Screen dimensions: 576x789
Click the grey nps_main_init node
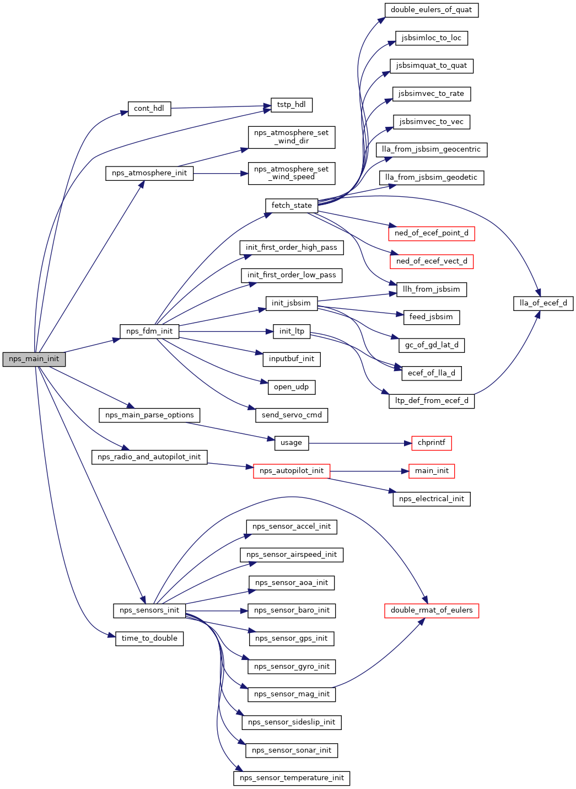tap(34, 359)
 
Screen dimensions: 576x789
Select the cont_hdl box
tap(149, 109)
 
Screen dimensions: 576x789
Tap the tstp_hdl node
tap(292, 105)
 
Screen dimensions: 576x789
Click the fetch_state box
tap(292, 206)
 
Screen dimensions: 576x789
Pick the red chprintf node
tap(432, 443)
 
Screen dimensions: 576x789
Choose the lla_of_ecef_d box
tap(543, 303)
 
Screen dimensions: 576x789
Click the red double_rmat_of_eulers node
tap(432, 610)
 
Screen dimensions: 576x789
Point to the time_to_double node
tap(149, 638)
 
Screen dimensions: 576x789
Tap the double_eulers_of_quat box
tap(432, 10)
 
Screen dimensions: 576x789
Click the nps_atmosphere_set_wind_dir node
tap(292, 137)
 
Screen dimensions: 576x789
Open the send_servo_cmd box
tap(292, 415)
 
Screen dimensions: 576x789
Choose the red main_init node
tap(432, 471)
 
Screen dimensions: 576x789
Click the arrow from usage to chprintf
tap(360, 443)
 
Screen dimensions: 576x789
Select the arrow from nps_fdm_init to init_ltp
tap(226, 331)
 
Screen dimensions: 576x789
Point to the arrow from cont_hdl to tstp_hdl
tap(220, 107)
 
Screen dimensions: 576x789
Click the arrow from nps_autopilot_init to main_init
tap(369, 471)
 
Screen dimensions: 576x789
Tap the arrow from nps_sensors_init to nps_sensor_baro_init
tap(217, 611)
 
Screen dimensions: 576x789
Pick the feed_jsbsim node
tap(432, 318)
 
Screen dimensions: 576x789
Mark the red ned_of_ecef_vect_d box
tap(432, 261)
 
